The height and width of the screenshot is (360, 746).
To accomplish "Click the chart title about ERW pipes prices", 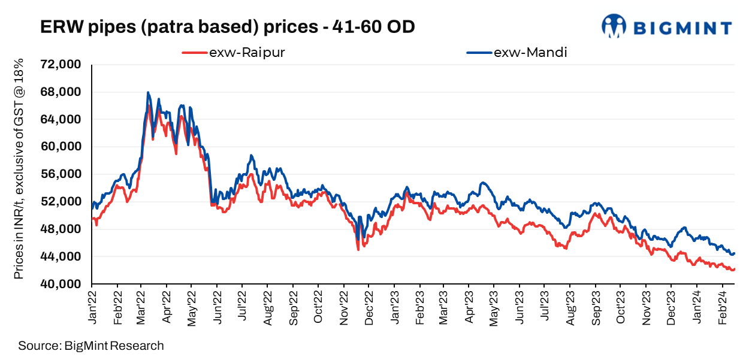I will point(227,27).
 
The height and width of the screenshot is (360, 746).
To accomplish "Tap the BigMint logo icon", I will point(614,26).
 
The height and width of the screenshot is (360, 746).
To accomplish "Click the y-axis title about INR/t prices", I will point(19,169).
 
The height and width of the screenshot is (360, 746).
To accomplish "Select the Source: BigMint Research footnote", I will point(90,346).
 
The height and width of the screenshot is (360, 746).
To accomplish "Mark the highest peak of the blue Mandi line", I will point(148,93).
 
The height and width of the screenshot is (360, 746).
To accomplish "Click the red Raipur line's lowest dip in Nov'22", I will point(358,249).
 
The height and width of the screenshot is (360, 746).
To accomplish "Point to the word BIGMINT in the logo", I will point(682,28).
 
